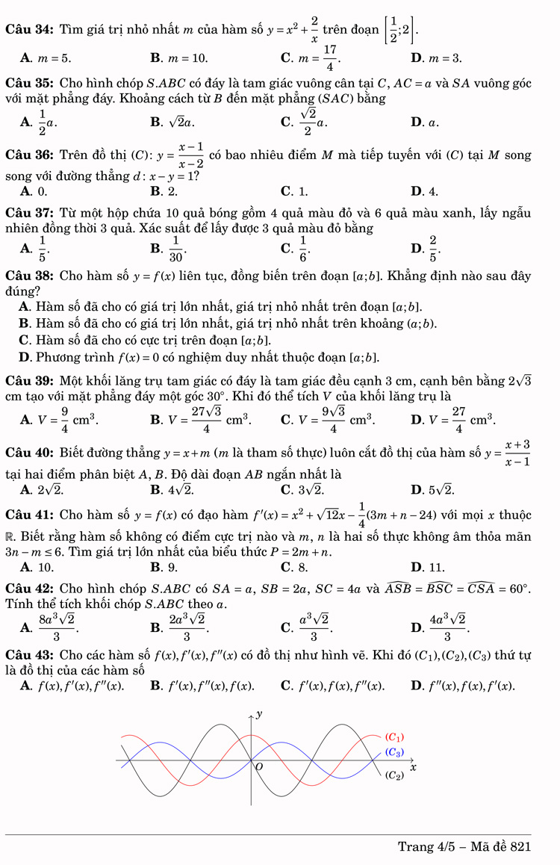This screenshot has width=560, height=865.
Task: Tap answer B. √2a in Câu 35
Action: [172, 122]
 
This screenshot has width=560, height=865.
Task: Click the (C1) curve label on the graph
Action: [394, 737]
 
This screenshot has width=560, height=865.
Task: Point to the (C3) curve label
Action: [394, 752]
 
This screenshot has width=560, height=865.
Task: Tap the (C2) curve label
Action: [394, 775]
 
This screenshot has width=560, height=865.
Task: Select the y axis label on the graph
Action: [259, 714]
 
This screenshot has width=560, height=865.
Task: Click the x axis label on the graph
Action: [412, 767]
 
